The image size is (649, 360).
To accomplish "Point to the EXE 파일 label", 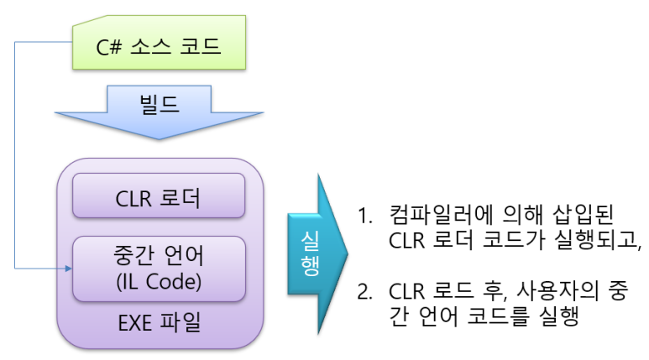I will point(158,322).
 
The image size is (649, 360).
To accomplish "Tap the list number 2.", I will point(363,293).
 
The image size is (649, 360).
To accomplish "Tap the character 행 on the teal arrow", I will point(308,267).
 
